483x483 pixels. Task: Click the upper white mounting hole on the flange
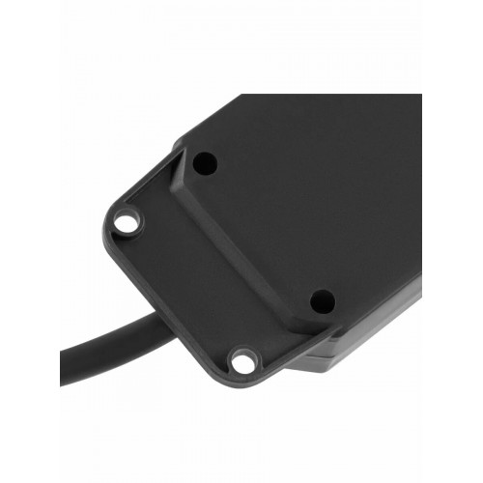pyautogui.click(x=127, y=223)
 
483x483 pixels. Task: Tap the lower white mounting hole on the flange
pyautogui.click(x=242, y=362)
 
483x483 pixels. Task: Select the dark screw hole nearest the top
pyautogui.click(x=203, y=162)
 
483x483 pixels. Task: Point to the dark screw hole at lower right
pyautogui.click(x=323, y=301)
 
